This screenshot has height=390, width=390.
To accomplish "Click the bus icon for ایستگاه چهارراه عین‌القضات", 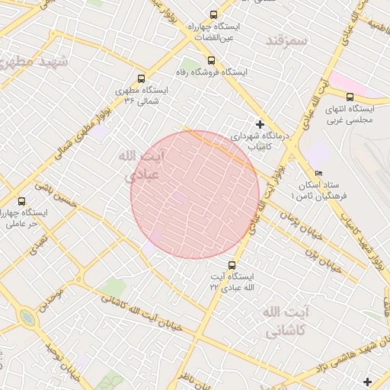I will pyautogui.click(x=213, y=14).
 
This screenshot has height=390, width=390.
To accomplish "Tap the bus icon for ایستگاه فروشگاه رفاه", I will pyautogui.click(x=211, y=61).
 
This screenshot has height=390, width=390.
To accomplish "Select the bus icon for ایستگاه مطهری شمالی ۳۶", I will pyautogui.click(x=142, y=78).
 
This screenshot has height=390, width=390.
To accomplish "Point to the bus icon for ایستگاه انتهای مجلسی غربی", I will pyautogui.click(x=350, y=97).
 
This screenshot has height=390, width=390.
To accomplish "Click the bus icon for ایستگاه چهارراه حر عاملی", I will pyautogui.click(x=21, y=202).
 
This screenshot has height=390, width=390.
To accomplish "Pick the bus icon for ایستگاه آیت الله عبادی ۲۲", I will pyautogui.click(x=232, y=265).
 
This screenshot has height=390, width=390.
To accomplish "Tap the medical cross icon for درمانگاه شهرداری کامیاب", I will pyautogui.click(x=260, y=124).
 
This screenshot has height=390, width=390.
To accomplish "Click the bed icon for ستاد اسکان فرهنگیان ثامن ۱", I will pyautogui.click(x=318, y=173).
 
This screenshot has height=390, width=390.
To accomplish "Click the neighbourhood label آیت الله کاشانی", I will pyautogui.click(x=284, y=322).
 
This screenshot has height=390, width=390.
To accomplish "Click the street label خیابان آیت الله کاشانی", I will pyautogui.click(x=152, y=313).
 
